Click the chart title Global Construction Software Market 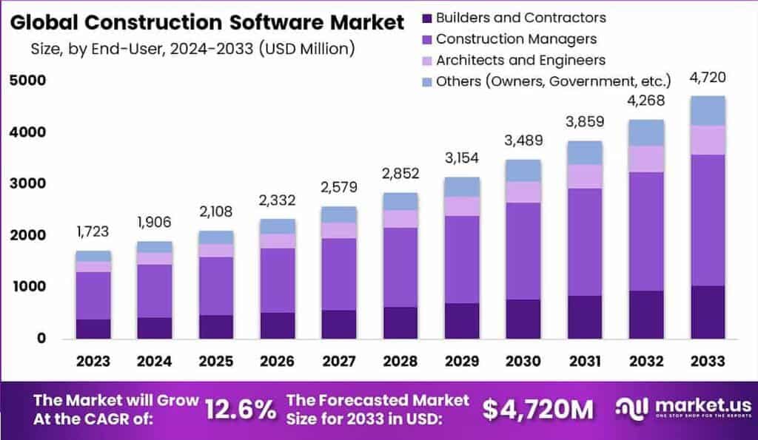pos(207,22)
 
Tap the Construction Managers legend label pos(516,38)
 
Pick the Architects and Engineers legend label pos(520,60)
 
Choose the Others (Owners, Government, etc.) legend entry pos(553,81)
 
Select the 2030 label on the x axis pos(523,361)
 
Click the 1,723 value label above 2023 pos(93,231)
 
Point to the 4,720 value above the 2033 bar pos(707,77)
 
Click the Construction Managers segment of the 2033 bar pos(707,220)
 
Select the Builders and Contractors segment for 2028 pos(400,322)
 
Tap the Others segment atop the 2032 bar pos(646,132)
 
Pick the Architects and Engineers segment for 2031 pos(585,176)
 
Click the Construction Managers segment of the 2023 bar pos(93,295)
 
